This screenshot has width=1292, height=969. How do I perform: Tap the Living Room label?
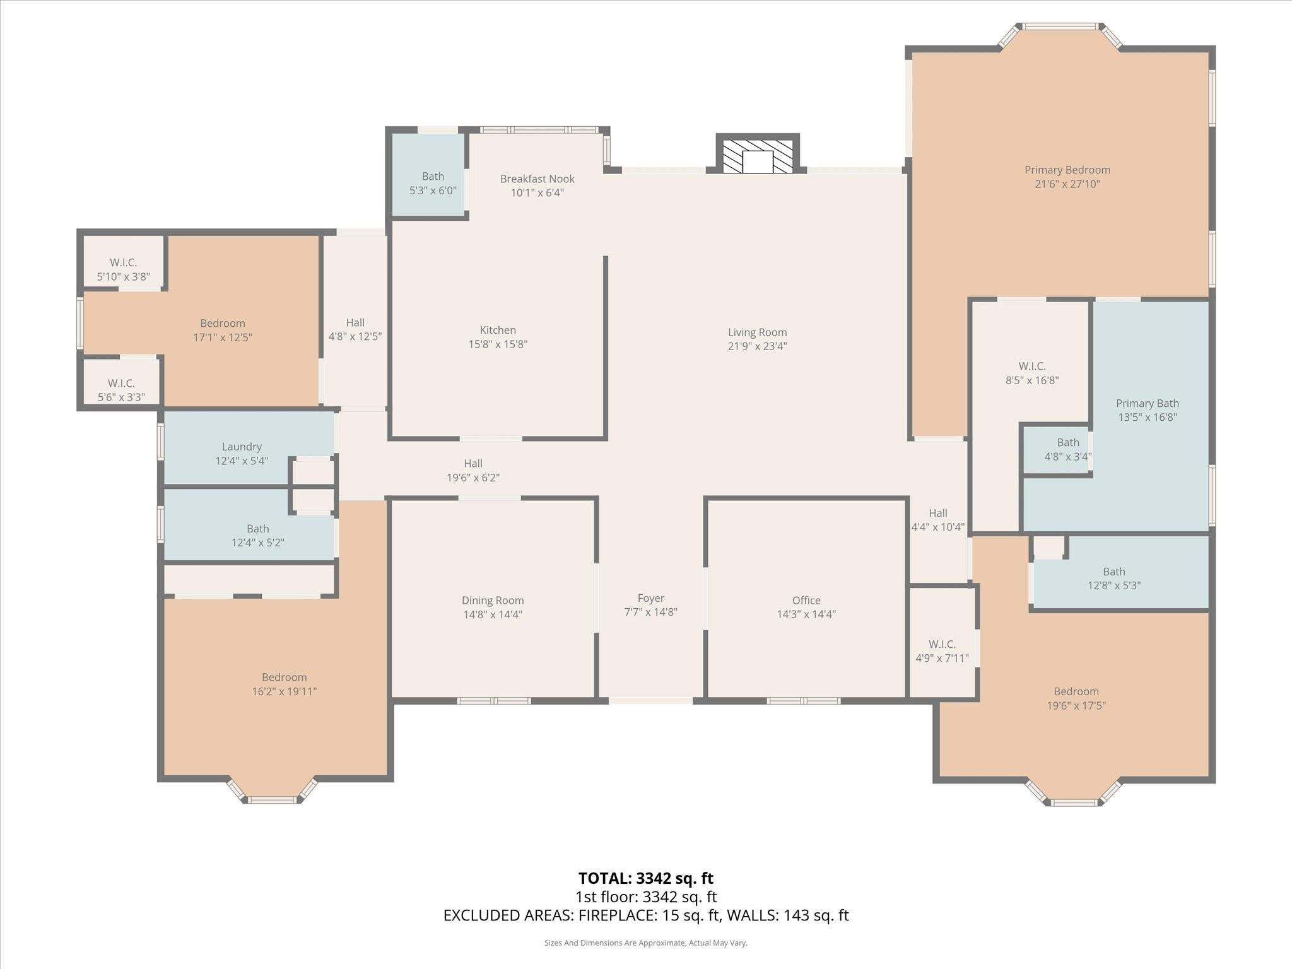[757, 332]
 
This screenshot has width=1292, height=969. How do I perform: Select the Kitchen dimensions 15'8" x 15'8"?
[498, 344]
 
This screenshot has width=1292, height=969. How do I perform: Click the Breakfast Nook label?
[537, 179]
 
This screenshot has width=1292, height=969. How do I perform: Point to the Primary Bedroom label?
[1067, 170]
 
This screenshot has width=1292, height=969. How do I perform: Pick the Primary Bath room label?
[1147, 404]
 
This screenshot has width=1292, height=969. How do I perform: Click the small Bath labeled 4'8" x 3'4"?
[1067, 449]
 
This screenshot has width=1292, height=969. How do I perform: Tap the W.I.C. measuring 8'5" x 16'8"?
[1031, 373]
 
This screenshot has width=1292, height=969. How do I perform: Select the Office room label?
[806, 601]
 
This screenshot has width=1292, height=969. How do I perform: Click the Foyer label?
[650, 598]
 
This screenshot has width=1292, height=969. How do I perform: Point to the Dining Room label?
[493, 601]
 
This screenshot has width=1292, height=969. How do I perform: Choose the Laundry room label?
[242, 447]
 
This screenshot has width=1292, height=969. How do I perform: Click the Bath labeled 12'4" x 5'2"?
[257, 536]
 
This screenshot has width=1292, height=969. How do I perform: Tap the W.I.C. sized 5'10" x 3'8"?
[123, 269]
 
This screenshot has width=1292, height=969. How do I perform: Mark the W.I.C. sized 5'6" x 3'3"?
[121, 390]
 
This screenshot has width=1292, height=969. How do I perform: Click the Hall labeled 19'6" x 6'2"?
[473, 471]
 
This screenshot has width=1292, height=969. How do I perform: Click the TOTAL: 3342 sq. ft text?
[645, 878]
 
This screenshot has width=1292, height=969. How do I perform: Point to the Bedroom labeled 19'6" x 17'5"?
[1076, 698]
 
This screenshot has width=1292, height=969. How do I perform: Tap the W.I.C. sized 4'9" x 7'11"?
[942, 651]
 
